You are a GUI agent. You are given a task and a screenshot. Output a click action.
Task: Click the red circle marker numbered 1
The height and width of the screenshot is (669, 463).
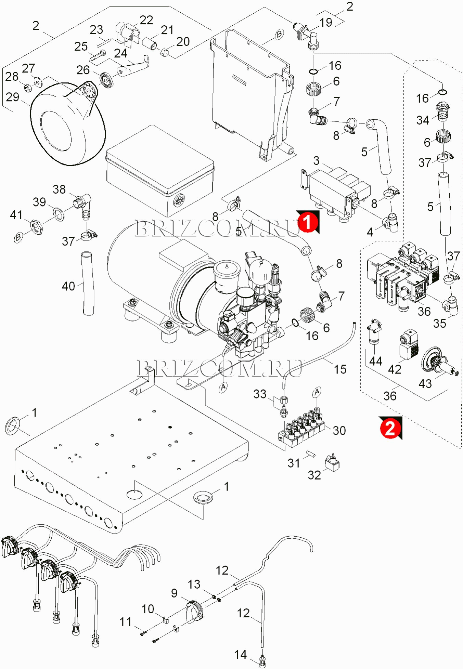[307, 222]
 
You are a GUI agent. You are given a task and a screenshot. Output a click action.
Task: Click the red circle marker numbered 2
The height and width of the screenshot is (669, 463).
[390, 428]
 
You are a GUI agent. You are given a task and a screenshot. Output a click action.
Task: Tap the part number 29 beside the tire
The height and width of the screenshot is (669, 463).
[13, 97]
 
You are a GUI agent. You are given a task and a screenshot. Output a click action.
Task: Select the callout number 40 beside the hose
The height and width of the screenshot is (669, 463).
[68, 286]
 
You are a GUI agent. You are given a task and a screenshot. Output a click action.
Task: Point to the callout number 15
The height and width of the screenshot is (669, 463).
[340, 369]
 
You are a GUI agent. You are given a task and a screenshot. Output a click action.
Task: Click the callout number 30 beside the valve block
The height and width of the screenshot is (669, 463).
[339, 431]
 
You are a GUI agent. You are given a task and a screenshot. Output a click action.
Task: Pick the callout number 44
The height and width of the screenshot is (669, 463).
[375, 361]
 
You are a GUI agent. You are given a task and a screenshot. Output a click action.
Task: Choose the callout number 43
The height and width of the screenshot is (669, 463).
[425, 384]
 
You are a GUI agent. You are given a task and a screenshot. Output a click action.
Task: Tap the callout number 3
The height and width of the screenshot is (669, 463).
[317, 161]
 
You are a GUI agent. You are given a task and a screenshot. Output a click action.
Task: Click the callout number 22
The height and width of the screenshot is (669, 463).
[146, 20]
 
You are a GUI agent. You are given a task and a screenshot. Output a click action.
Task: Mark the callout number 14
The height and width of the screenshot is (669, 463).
[241, 655]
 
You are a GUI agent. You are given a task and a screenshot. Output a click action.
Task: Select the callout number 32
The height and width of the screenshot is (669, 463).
[314, 475]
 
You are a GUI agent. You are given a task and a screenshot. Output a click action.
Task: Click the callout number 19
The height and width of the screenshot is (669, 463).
[326, 23]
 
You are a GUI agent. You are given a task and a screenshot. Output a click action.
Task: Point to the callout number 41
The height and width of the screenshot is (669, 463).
[16, 215]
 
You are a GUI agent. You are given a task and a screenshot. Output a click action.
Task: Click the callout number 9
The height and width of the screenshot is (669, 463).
[174, 593]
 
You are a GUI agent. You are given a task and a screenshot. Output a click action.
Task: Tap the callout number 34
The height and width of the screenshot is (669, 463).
[423, 120]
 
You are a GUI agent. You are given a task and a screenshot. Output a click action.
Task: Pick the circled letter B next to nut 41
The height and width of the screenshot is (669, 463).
[18, 237]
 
